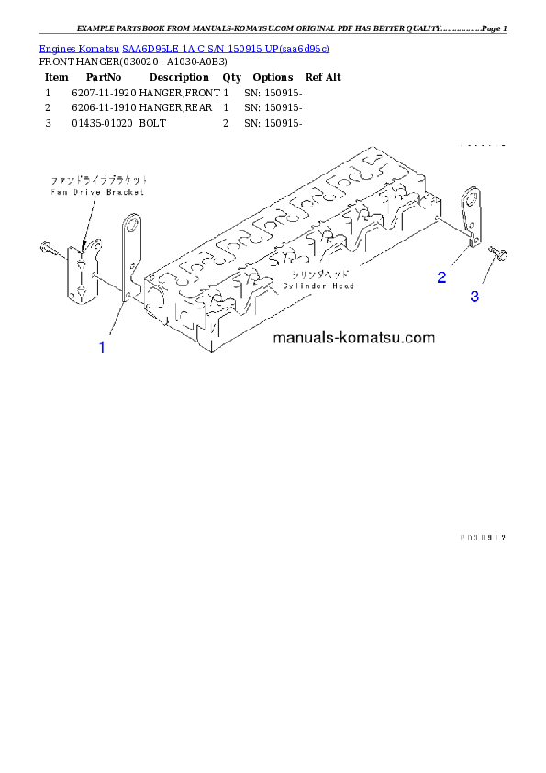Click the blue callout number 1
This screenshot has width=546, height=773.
102,347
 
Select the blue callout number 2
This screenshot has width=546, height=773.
441,276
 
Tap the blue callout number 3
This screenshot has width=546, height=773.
474,297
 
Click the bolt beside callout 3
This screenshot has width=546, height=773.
498,252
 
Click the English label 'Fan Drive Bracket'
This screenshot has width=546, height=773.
99,192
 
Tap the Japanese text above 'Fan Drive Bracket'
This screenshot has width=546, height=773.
99,181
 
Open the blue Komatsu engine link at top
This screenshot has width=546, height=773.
184,48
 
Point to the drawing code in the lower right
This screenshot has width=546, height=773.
483,537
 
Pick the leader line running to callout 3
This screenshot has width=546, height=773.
485,274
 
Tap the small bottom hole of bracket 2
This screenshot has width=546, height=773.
474,239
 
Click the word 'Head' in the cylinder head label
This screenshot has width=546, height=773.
342,286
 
